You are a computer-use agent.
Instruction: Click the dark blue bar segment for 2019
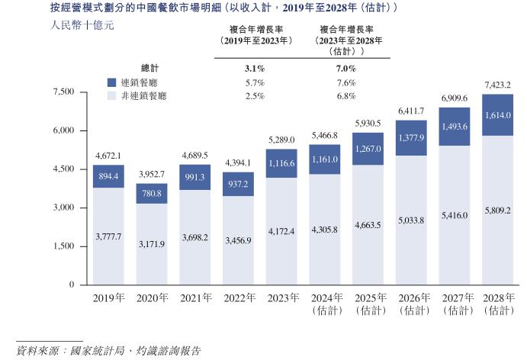(x=108, y=176)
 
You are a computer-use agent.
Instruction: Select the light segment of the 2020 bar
(x=151, y=244)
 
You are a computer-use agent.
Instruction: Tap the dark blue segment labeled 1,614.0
(x=497, y=115)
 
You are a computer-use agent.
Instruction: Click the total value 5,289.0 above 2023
(x=282, y=140)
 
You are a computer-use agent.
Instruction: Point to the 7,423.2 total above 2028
(x=497, y=84)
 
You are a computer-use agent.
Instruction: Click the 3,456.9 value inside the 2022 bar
(x=239, y=241)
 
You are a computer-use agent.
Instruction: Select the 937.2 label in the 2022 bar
(x=239, y=185)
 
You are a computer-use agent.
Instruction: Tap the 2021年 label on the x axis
(x=195, y=298)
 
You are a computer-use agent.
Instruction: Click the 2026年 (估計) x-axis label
(x=411, y=304)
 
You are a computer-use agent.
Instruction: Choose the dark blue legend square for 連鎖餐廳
(x=111, y=82)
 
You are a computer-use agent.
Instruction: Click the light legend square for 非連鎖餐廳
(x=111, y=96)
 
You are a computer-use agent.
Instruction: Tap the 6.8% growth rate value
(x=345, y=96)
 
